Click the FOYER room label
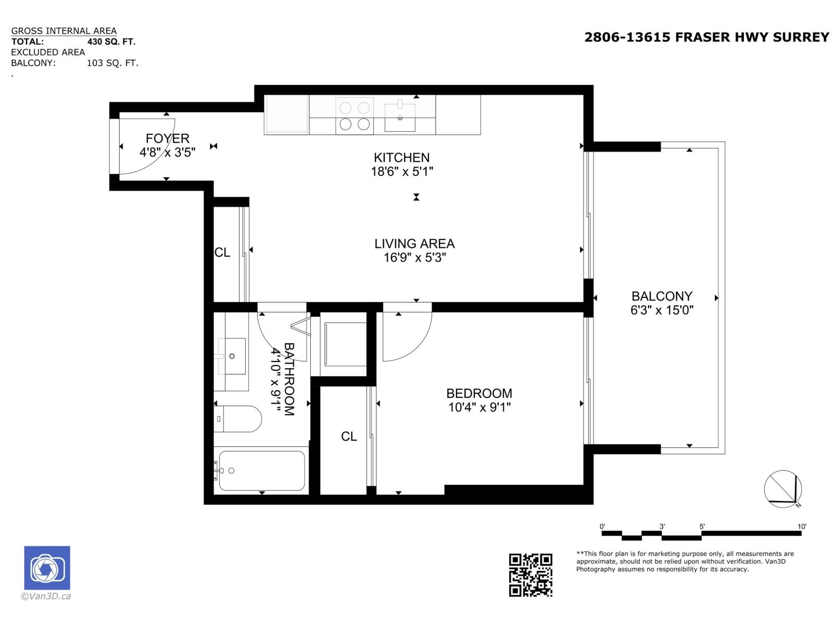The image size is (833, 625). (167, 139)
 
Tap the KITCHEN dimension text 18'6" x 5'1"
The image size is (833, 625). (402, 171)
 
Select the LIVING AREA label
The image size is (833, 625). (414, 243)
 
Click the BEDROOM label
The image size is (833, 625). (479, 393)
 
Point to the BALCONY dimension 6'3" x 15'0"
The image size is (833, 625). (662, 310)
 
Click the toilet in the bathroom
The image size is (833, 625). (238, 419)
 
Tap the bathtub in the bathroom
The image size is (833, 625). (261, 471)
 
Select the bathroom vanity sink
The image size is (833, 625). (232, 356)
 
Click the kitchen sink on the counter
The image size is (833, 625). (400, 118)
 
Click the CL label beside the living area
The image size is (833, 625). (222, 253)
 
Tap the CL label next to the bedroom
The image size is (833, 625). (349, 436)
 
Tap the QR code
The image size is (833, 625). (530, 575)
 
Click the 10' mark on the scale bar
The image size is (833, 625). (802, 527)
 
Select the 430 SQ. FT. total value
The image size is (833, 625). (111, 42)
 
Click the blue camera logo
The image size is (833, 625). (47, 568)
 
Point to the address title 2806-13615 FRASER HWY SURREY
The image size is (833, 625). (706, 37)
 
